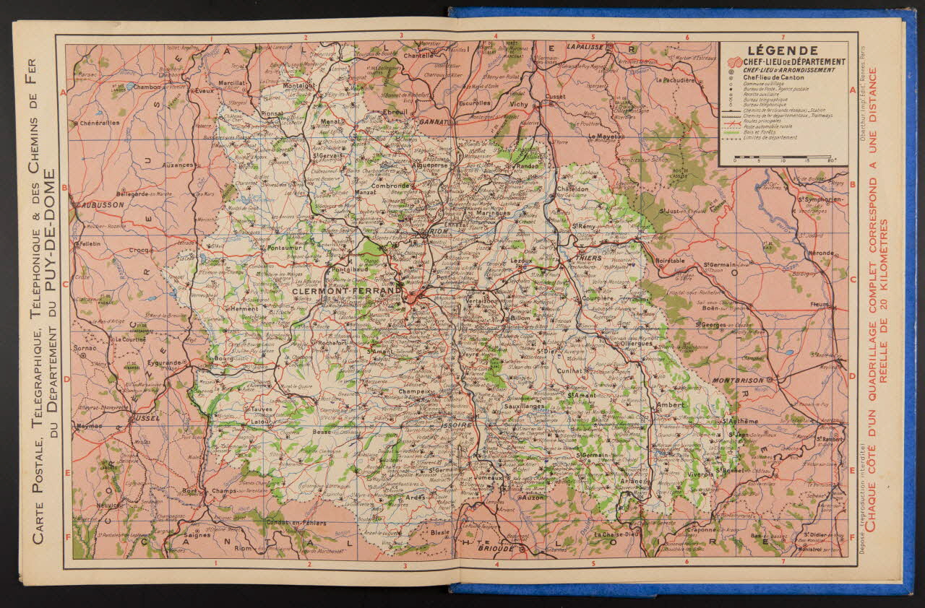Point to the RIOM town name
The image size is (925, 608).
tap(439, 232)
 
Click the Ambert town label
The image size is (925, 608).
tap(670, 406)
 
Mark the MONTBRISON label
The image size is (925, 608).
tap(738, 380)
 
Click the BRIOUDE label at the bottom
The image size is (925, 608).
tap(496, 549)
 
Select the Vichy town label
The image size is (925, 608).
tap(519, 104)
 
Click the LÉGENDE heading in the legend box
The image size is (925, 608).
tap(783, 51)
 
